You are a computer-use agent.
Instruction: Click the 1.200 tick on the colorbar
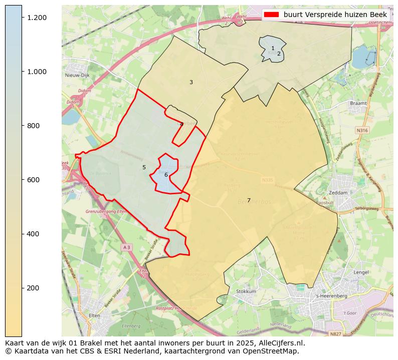coord(22,18)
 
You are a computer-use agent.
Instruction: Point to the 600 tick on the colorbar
coord(22,180)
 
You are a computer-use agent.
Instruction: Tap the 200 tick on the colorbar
coord(22,288)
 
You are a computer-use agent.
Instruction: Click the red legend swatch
coord(272,15)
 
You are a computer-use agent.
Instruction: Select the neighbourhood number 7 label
coord(249,200)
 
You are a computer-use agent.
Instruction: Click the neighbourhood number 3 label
coord(191,82)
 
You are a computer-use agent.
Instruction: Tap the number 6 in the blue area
coord(166,175)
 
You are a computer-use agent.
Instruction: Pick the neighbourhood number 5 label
coord(144,167)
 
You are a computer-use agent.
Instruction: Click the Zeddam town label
coord(338,193)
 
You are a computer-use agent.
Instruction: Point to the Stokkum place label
coord(246,291)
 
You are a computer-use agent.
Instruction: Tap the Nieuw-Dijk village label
coord(77,75)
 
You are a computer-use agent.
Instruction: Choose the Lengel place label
coord(361,272)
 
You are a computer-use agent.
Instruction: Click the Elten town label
coord(94,315)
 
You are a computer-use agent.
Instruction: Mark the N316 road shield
coord(362,130)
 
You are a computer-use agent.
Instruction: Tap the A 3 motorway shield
coord(126,247)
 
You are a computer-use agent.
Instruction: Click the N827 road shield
coord(335,333)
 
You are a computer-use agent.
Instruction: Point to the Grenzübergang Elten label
coord(107,211)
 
